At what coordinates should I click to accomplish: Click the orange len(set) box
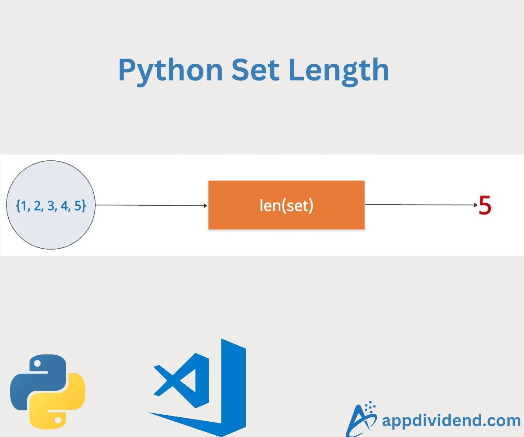(286, 205)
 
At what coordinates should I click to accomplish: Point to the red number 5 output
(485, 205)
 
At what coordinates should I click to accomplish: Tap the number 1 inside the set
(24, 205)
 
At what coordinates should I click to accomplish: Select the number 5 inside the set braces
(77, 205)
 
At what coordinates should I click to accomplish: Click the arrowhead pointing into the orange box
(205, 205)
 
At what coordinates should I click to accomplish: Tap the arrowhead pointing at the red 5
(476, 205)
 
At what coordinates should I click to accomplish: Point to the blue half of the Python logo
(35, 376)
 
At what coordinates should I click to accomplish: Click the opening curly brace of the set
(18, 205)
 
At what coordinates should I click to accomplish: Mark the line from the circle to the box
(148, 205)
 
